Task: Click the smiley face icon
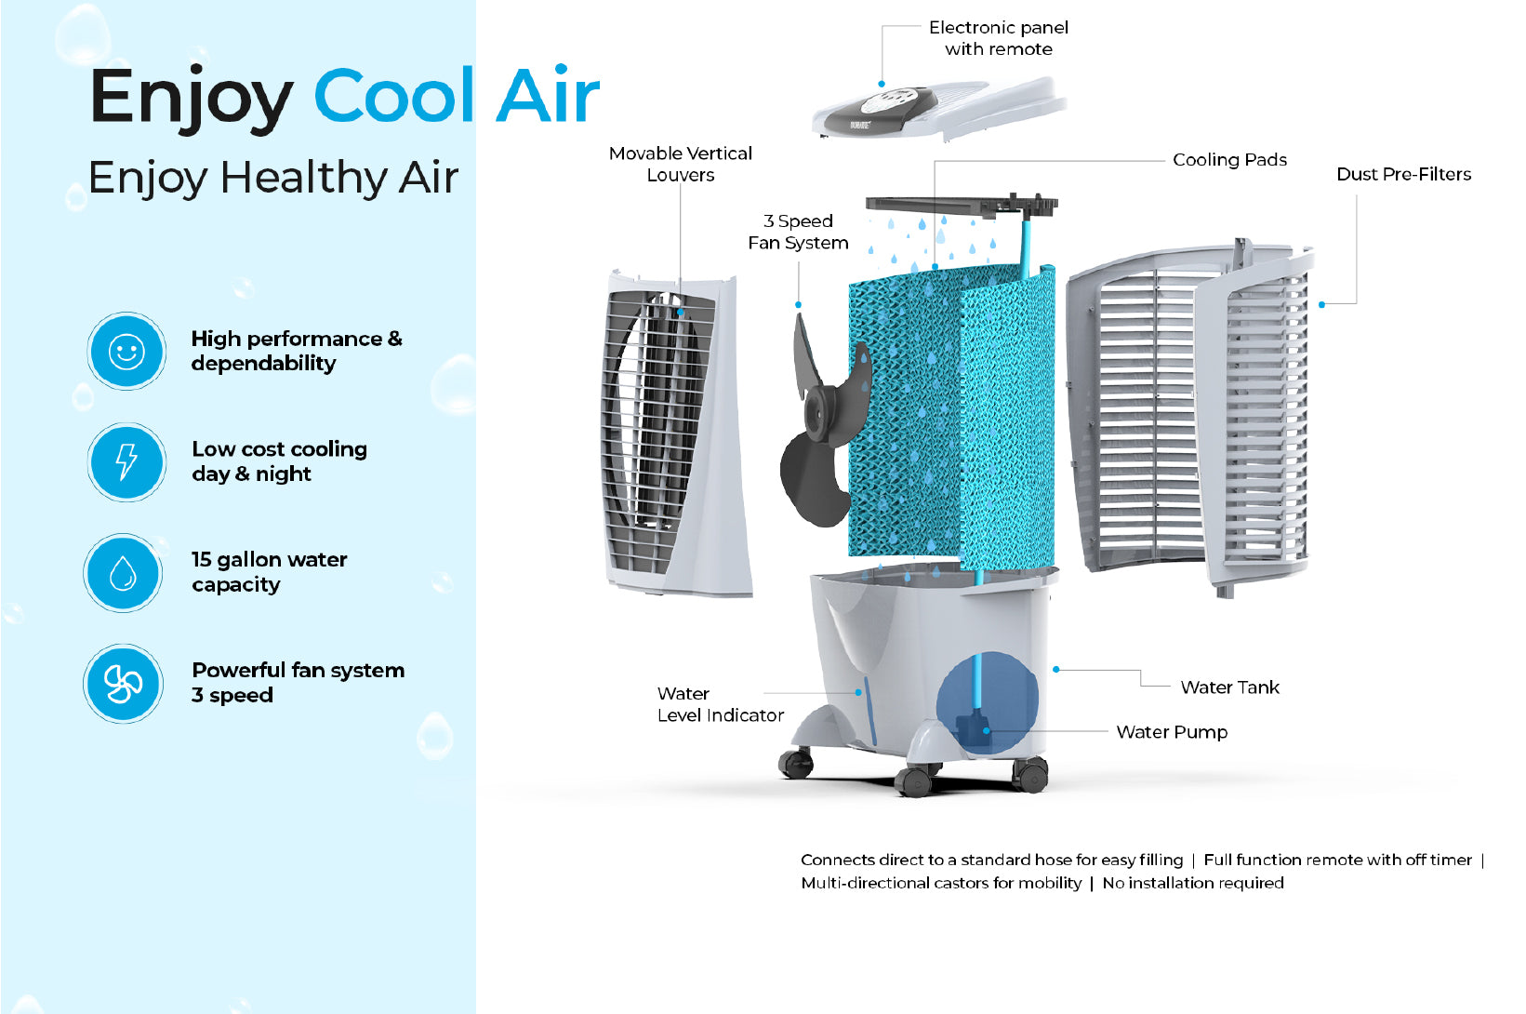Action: pyautogui.click(x=126, y=352)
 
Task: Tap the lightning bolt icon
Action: pyautogui.click(x=126, y=462)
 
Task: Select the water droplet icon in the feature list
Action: pyautogui.click(x=124, y=573)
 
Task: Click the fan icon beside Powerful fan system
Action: pyautogui.click(x=124, y=684)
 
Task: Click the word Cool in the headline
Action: pyautogui.click(x=394, y=97)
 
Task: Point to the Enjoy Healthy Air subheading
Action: pyautogui.click(x=273, y=178)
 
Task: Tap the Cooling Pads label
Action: pyautogui.click(x=1229, y=160)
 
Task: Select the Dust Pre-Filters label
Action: pyautogui.click(x=1403, y=174)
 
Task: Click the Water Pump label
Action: pyautogui.click(x=1172, y=732)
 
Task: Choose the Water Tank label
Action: pyautogui.click(x=1229, y=687)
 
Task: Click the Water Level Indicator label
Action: pyautogui.click(x=720, y=704)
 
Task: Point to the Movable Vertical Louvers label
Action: pyautogui.click(x=681, y=164)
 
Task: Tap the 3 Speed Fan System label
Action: pyautogui.click(x=798, y=232)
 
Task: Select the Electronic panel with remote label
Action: pyautogui.click(x=999, y=38)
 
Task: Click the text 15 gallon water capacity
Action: pyautogui.click(x=269, y=572)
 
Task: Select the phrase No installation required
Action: pyautogui.click(x=1193, y=883)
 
